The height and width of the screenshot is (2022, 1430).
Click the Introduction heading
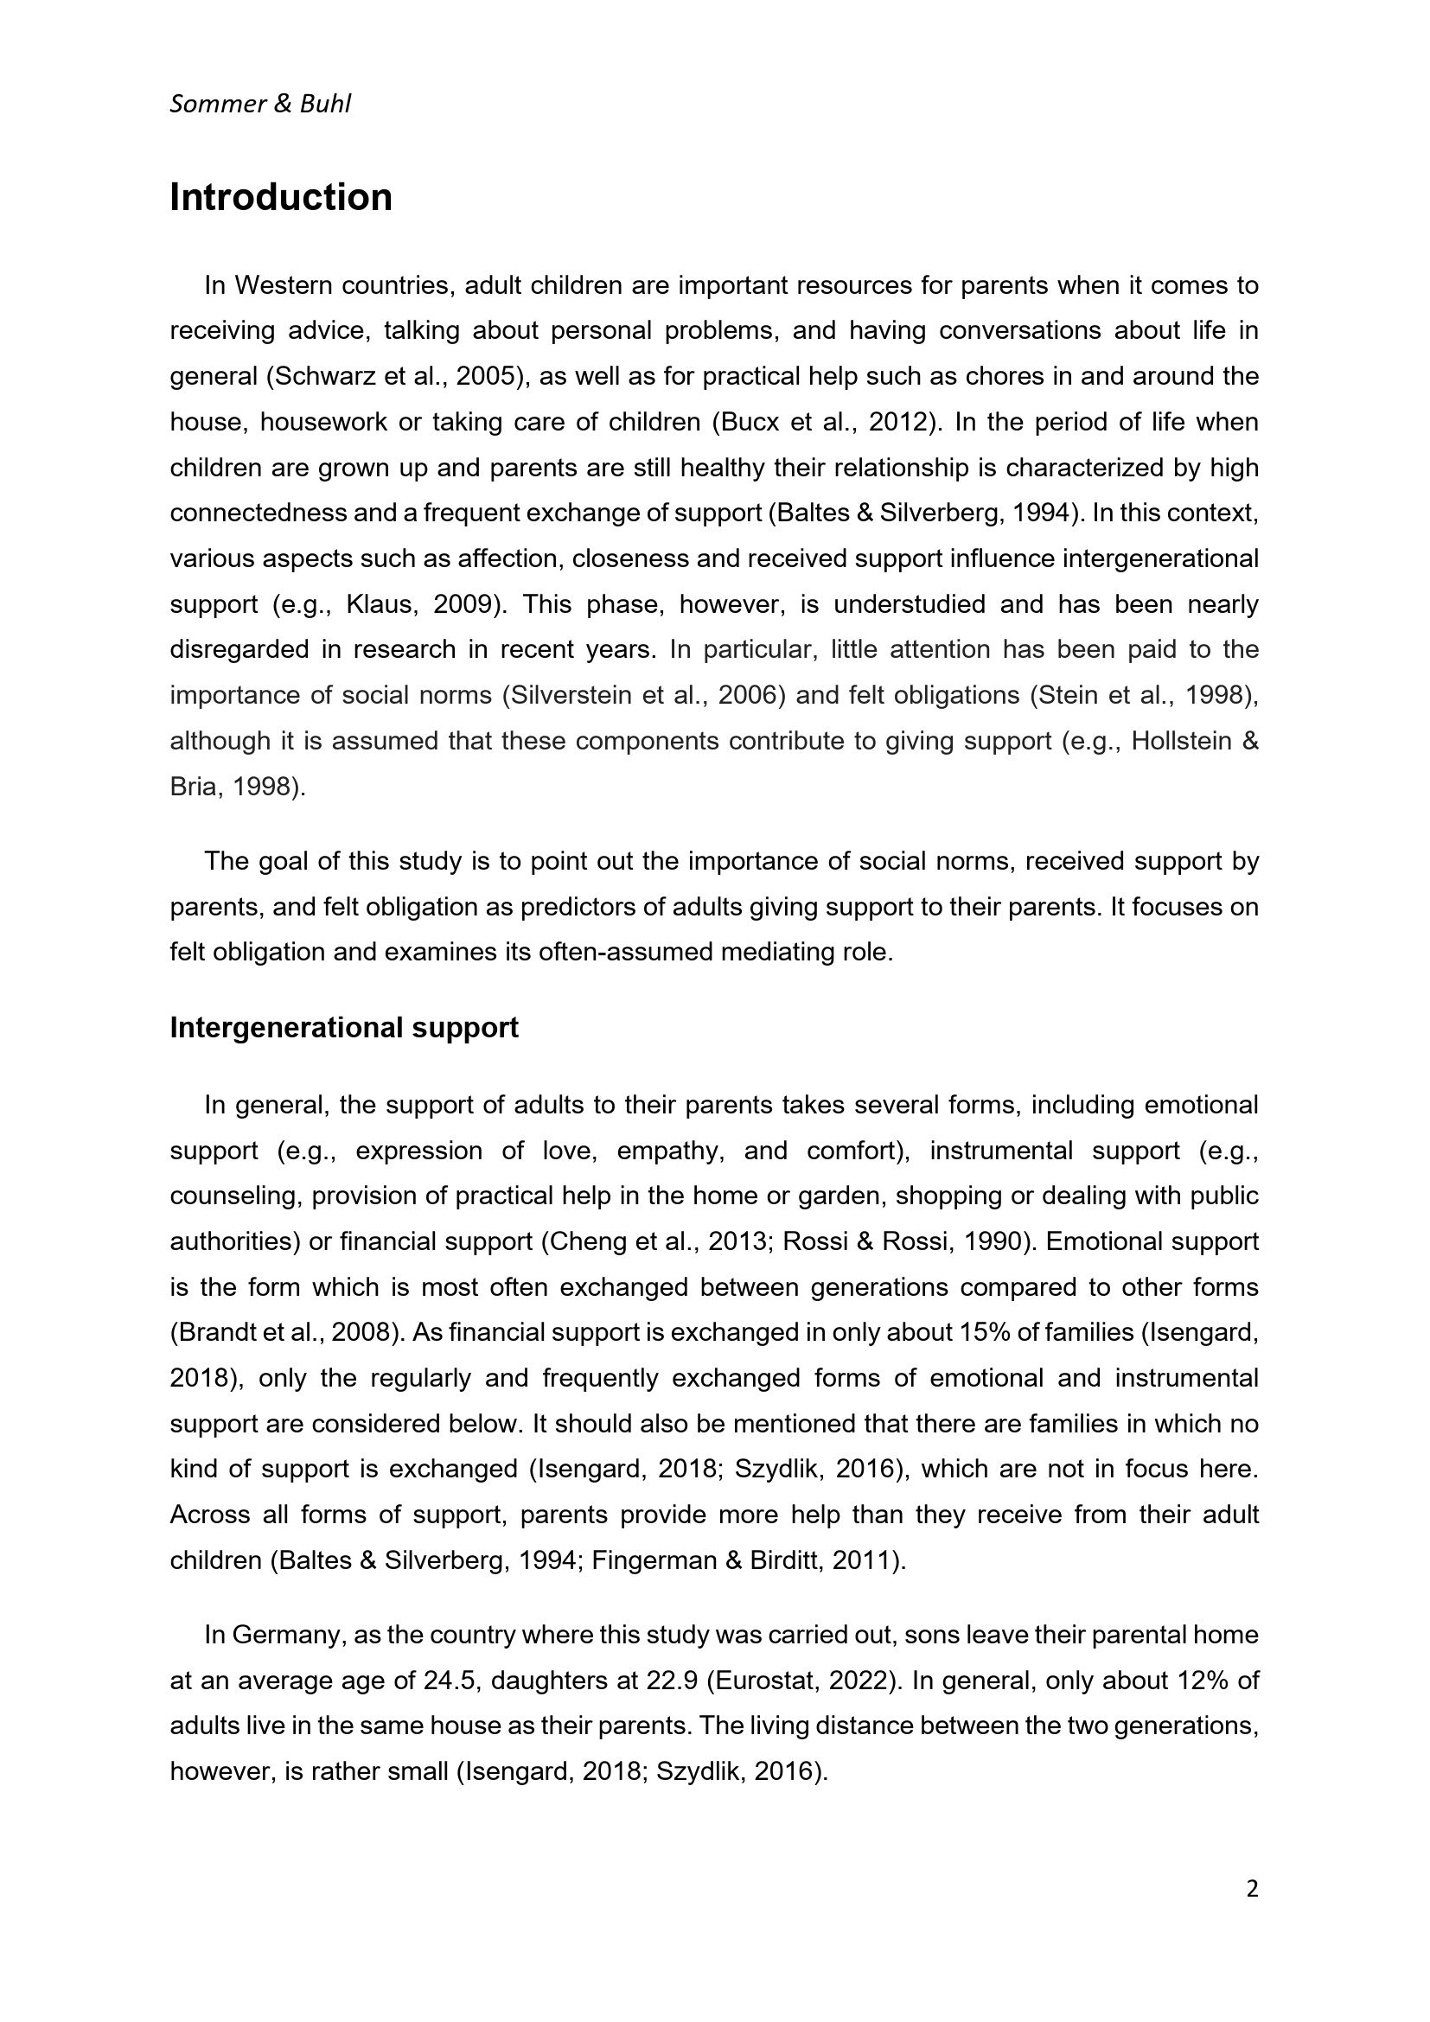(x=281, y=197)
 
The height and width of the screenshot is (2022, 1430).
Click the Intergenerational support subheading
(x=343, y=1028)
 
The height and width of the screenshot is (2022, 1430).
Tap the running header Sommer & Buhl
(x=259, y=104)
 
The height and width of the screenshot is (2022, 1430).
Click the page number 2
(x=1252, y=1888)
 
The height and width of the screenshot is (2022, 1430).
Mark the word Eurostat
(x=763, y=1681)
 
